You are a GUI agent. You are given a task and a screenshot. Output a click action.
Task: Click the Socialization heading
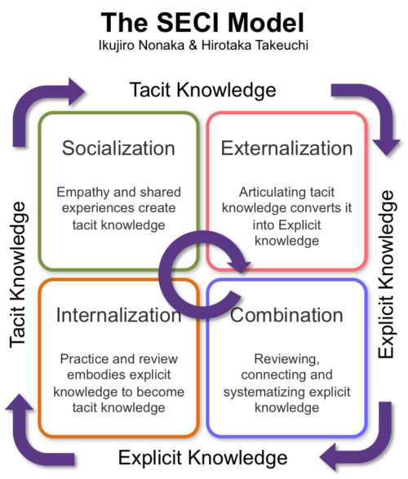tap(119, 149)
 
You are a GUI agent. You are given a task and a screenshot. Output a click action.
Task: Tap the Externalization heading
tap(286, 149)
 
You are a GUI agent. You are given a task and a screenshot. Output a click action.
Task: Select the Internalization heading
tap(119, 315)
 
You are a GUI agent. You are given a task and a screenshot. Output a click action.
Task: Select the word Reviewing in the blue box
tap(285, 360)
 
